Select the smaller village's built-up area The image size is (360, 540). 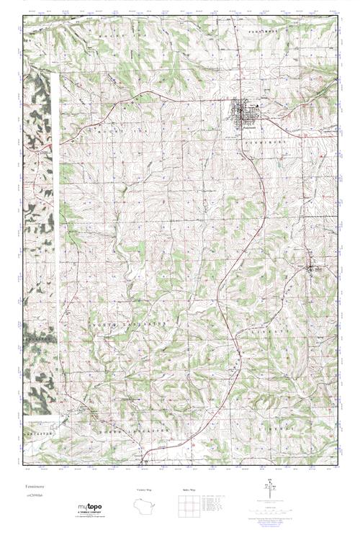coord(313,269)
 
